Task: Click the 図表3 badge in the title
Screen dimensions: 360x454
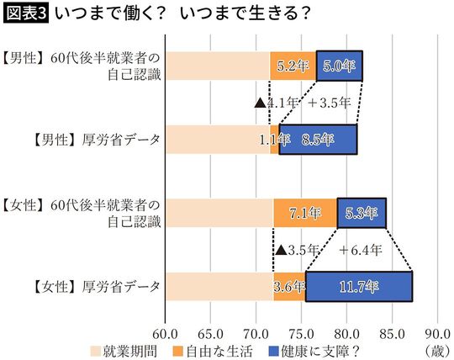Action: [26, 13]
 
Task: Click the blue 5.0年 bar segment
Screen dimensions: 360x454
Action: [339, 65]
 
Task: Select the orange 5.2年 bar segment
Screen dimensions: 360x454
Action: [293, 65]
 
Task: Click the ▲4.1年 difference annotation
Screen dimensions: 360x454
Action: [276, 103]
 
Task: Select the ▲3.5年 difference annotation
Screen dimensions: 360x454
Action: [297, 250]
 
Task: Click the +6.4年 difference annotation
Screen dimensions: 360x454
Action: [362, 250]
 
